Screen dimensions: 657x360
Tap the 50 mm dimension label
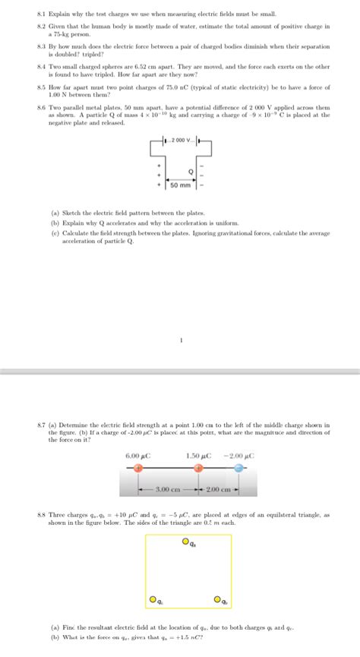(181, 185)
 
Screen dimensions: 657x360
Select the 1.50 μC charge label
(198, 456)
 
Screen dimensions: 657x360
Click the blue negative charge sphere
(239, 469)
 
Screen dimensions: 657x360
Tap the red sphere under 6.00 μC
(137, 469)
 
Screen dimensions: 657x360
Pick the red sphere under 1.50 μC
(198, 469)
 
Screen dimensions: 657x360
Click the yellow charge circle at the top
(185, 542)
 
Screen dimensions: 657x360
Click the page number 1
(180, 341)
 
